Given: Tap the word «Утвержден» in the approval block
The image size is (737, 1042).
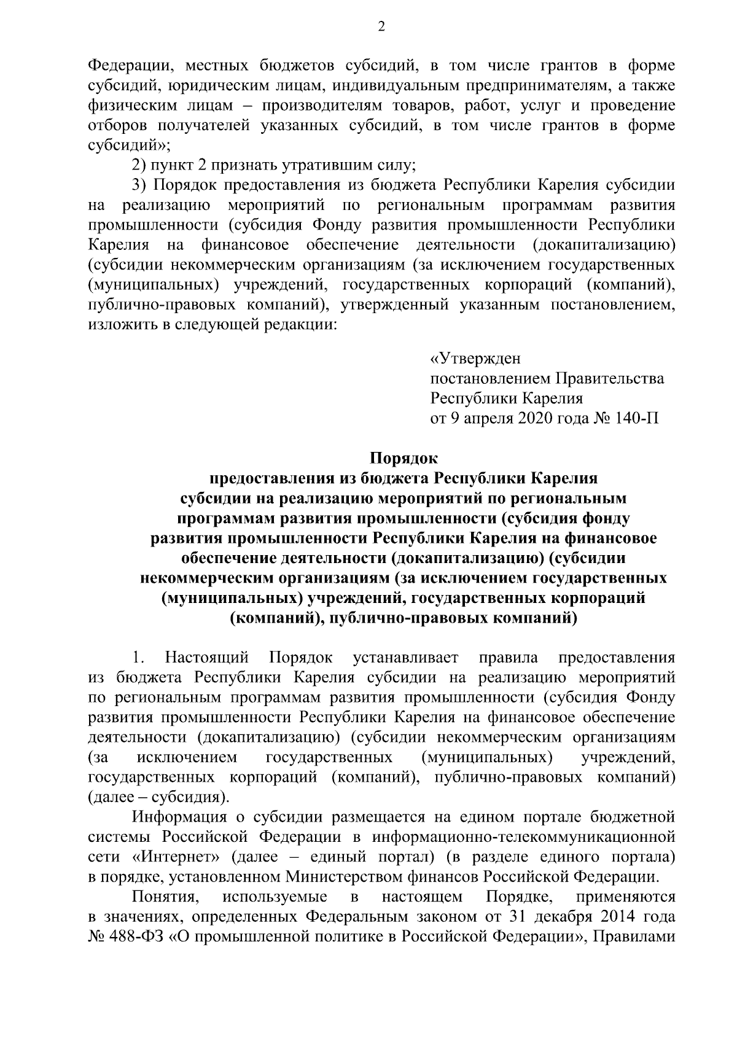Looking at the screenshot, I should (x=475, y=358).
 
